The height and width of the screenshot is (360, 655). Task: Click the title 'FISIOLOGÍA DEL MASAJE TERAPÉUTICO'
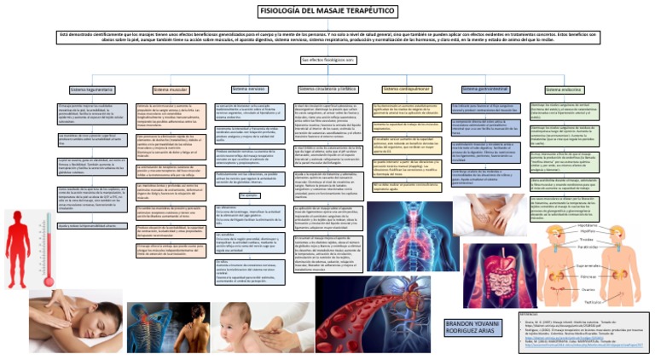point(327,10)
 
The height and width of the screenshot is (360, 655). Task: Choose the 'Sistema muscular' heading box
point(171,89)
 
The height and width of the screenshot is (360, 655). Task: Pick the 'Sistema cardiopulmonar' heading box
point(408,89)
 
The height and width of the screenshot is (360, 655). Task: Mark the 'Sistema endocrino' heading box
point(563,89)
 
